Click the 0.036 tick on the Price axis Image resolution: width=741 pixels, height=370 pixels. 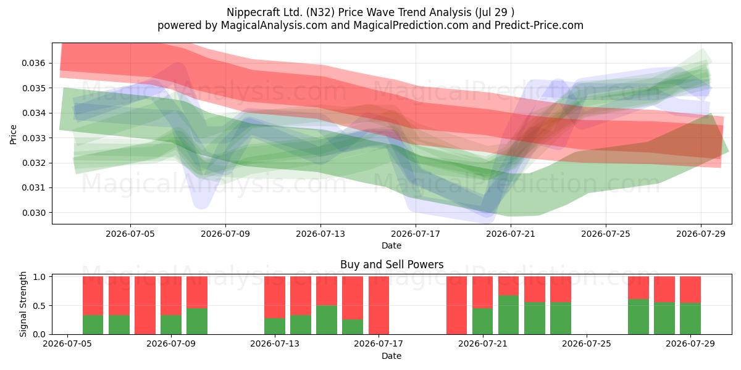34,63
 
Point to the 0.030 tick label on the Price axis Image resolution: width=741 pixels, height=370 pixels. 34,213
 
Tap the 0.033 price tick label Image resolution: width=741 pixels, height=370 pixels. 34,138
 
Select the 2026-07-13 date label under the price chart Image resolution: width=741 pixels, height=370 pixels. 320,234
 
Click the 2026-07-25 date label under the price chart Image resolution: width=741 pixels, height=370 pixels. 606,234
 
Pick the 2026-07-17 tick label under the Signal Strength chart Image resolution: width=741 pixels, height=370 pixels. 379,343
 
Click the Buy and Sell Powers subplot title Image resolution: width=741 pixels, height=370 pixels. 391,265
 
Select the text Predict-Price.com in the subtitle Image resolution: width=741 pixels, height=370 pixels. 539,25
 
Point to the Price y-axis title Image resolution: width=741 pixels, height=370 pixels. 13,134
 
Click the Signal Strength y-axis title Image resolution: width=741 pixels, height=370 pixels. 23,304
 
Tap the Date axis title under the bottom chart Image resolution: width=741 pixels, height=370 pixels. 391,356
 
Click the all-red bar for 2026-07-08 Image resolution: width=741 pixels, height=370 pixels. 145,305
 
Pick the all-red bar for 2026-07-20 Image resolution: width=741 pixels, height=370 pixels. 456,305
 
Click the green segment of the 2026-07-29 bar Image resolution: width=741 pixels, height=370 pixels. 690,318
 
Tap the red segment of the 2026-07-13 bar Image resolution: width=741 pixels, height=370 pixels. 275,297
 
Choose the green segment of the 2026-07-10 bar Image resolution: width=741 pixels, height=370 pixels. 197,321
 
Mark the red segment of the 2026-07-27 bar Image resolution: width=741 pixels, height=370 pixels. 638,288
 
